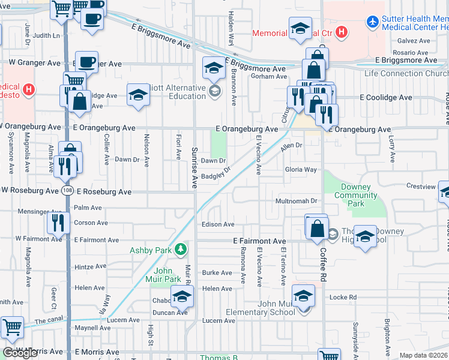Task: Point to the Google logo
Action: point(20,353)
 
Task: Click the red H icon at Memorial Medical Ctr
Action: point(341,32)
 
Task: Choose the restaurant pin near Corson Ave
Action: point(58,223)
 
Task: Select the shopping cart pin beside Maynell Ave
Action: point(13,328)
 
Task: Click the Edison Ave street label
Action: point(218,224)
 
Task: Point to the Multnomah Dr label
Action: point(296,200)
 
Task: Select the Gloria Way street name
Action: point(301,170)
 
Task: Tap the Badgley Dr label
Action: point(216,175)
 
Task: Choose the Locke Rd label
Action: point(343,297)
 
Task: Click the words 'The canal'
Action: point(49,322)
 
